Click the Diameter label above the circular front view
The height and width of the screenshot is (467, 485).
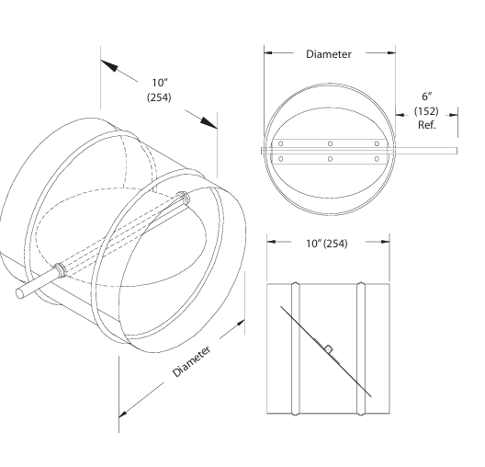click(x=328, y=54)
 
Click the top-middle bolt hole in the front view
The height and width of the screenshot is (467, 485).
click(x=328, y=143)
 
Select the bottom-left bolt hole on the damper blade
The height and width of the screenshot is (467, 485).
click(x=281, y=159)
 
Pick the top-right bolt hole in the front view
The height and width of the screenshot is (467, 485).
click(x=376, y=143)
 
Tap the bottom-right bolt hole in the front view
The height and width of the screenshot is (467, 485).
click(x=376, y=159)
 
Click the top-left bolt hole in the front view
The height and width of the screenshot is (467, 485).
click(x=281, y=143)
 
